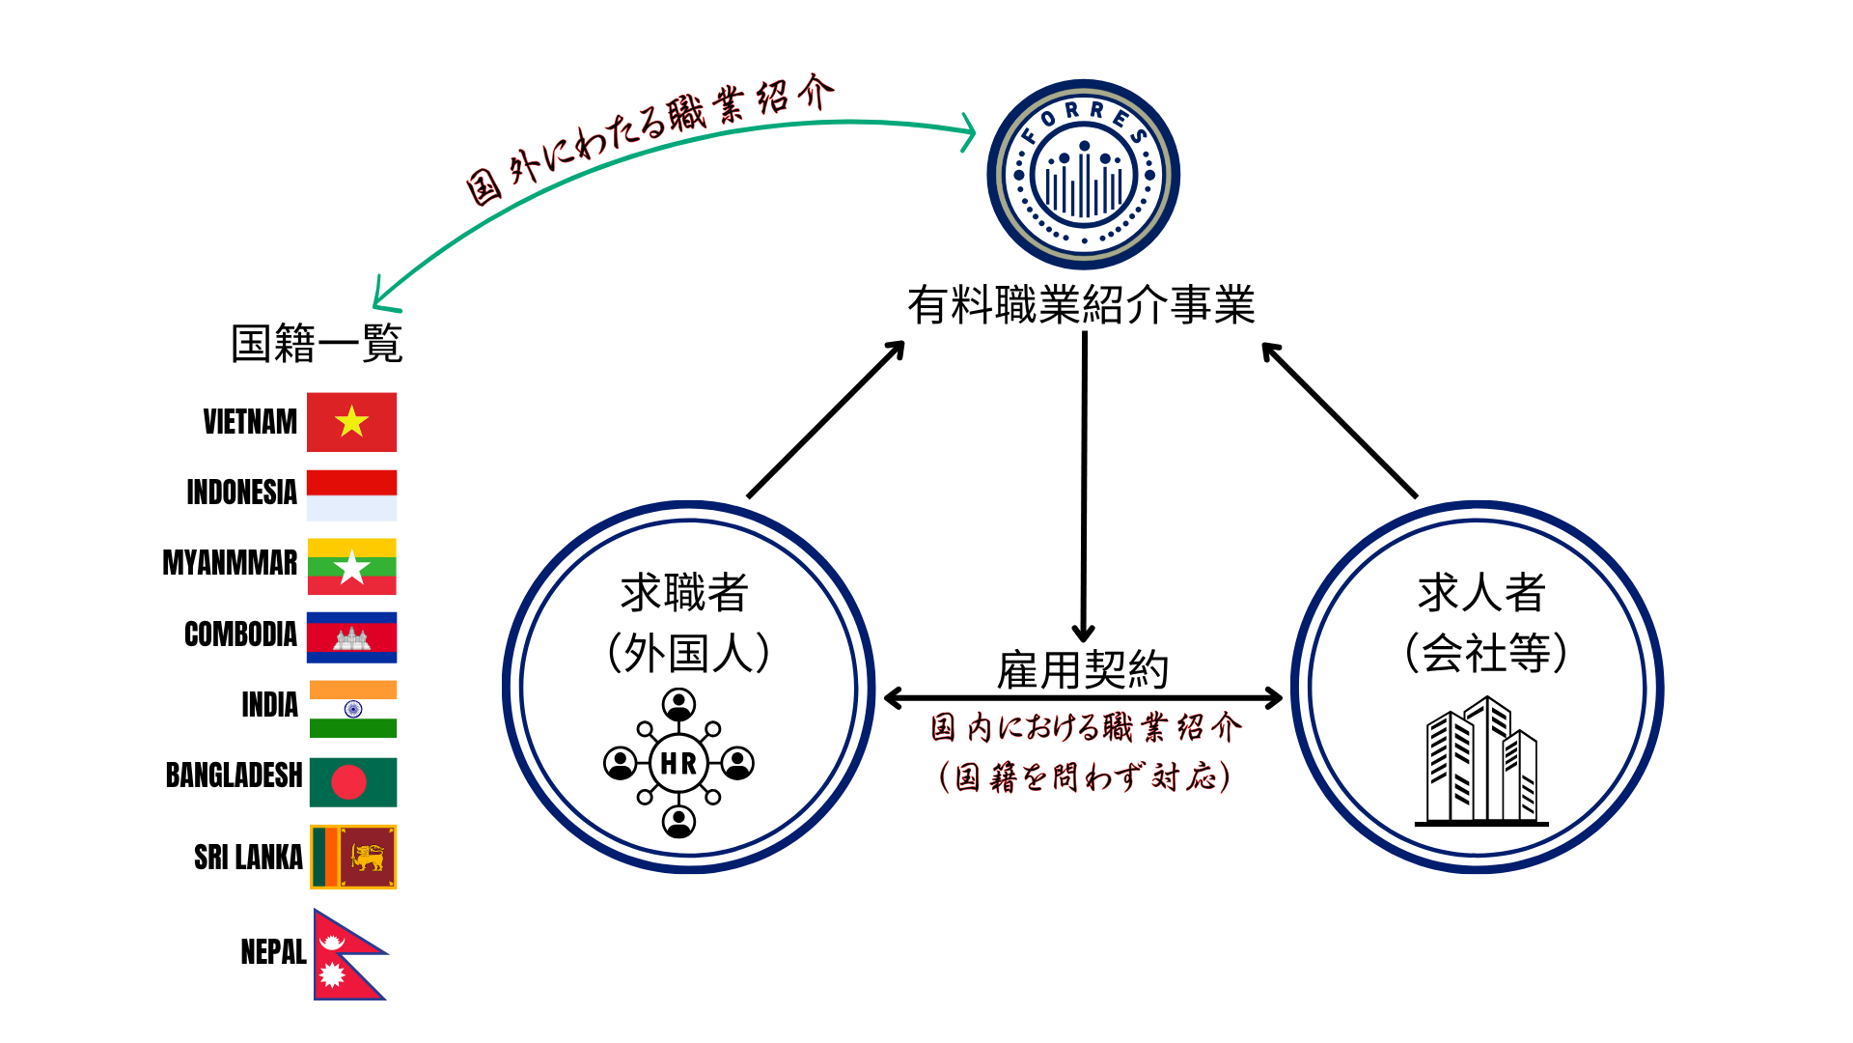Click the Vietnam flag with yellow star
pyautogui.click(x=351, y=422)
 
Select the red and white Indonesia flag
pyautogui.click(x=351, y=495)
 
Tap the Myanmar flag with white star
pyautogui.click(x=351, y=567)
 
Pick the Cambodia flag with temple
pyautogui.click(x=351, y=637)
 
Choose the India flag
pyautogui.click(x=353, y=709)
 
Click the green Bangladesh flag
pyautogui.click(x=353, y=782)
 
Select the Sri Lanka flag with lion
pyautogui.click(x=353, y=857)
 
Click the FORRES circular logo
pyautogui.click(x=1083, y=175)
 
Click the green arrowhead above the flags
pyautogui.click(x=382, y=298)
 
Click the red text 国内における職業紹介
pyautogui.click(x=1086, y=727)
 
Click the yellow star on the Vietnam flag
pyautogui.click(x=351, y=421)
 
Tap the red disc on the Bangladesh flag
pyautogui.click(x=348, y=782)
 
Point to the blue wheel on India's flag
pyautogui.click(x=353, y=709)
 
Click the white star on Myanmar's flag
pyautogui.click(x=352, y=567)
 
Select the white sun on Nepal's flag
pyautogui.click(x=332, y=975)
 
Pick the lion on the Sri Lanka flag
pyautogui.click(x=368, y=857)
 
